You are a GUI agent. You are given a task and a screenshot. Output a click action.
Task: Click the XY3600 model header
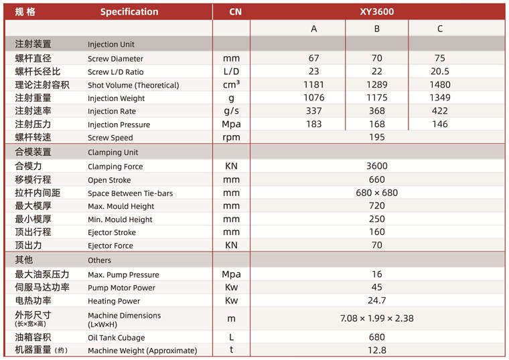377,11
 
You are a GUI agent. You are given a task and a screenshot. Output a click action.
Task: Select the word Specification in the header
129,11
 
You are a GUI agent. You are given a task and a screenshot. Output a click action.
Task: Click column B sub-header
377,29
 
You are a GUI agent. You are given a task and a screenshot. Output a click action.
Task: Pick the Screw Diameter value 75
440,58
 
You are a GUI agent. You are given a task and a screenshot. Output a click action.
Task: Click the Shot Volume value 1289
377,85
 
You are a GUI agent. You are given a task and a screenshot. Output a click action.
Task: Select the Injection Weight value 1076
313,98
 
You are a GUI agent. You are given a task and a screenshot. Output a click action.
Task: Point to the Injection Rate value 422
440,111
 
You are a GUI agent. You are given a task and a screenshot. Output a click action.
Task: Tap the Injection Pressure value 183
313,124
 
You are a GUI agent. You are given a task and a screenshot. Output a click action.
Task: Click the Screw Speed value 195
377,137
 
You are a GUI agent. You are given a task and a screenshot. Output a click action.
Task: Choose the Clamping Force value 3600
377,166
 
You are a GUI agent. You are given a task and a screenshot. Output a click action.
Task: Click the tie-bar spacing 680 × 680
377,193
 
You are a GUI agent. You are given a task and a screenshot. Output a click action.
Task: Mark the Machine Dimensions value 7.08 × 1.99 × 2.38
377,319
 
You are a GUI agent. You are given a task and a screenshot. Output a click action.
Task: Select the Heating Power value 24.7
377,300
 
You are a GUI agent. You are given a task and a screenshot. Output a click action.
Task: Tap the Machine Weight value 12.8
377,350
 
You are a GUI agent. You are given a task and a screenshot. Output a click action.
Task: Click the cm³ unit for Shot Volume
232,85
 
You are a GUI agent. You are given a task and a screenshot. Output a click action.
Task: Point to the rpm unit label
232,137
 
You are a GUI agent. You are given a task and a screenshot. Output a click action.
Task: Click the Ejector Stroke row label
111,232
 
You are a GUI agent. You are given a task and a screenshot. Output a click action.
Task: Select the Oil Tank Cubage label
116,338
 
